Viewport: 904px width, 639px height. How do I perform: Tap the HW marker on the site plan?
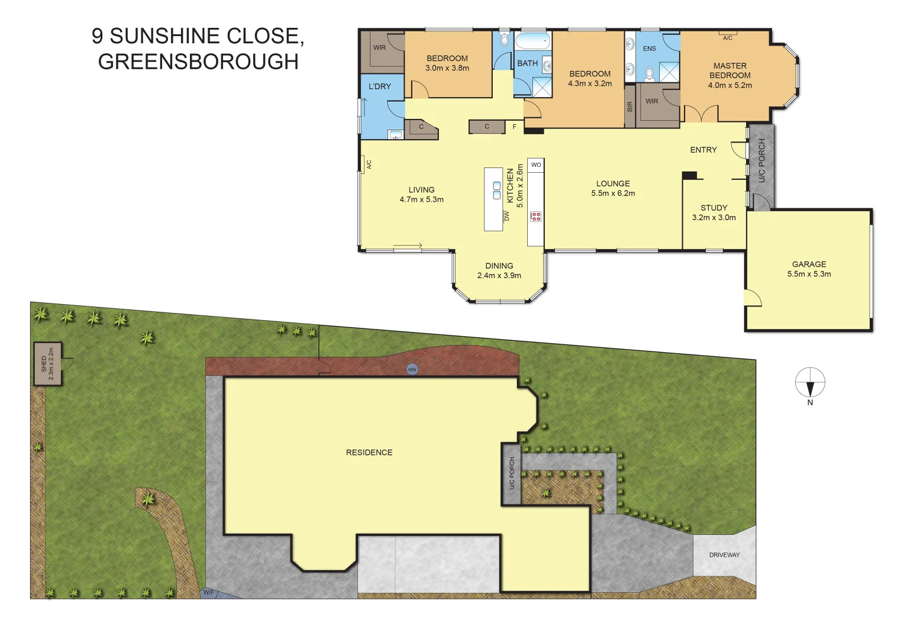(x=412, y=370)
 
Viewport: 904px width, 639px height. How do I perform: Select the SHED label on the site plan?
(x=44, y=363)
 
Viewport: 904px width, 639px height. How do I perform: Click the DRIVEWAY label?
(x=724, y=555)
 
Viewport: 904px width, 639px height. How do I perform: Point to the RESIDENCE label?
(x=369, y=453)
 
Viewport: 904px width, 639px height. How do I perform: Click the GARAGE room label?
(x=809, y=264)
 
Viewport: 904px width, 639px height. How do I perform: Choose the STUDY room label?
(x=713, y=208)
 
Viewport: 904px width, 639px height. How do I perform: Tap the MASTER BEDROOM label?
(x=730, y=70)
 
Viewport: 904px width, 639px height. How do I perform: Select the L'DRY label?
(x=380, y=86)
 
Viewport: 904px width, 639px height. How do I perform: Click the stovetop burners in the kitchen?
(x=535, y=217)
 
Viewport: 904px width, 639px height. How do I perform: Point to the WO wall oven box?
(x=536, y=165)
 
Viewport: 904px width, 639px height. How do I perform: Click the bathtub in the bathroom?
(x=532, y=41)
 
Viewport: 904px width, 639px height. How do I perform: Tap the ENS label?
(x=650, y=49)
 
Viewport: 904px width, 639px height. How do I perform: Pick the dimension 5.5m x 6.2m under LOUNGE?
(x=613, y=193)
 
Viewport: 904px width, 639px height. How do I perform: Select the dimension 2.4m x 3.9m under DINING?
(x=499, y=276)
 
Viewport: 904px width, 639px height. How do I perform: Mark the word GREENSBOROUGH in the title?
(x=198, y=62)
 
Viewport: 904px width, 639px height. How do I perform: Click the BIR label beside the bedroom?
(x=630, y=106)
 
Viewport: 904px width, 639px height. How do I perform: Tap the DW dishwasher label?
(x=506, y=215)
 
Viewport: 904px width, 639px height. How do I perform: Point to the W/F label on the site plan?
(x=208, y=592)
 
